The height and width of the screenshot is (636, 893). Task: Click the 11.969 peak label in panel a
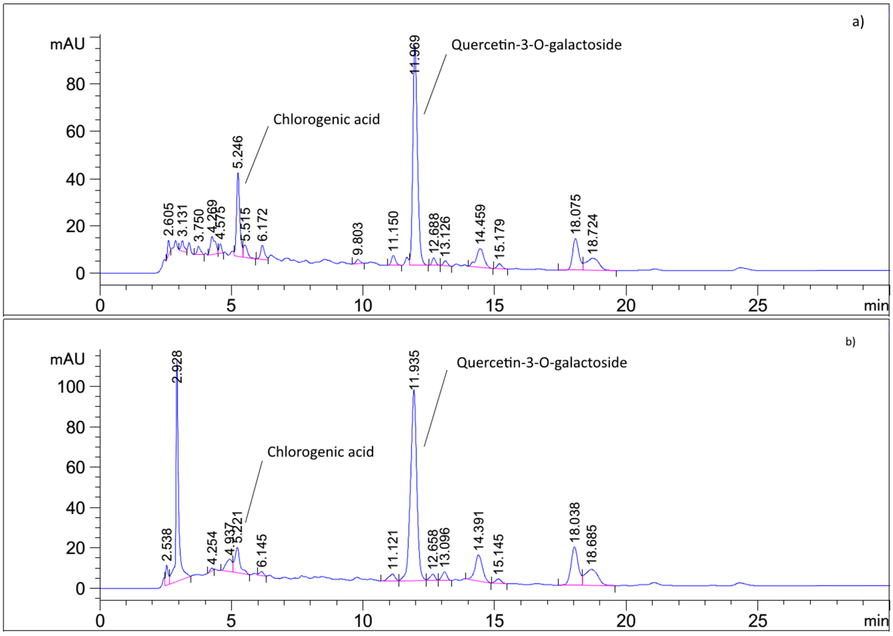(415, 54)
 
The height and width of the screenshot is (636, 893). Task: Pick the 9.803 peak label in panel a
(358, 239)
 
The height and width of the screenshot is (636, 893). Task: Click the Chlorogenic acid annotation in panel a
(327, 119)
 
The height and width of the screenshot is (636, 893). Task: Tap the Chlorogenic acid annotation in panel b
(321, 452)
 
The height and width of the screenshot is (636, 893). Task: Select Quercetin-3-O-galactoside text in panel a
(536, 45)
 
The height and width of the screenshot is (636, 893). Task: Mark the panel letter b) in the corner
(850, 342)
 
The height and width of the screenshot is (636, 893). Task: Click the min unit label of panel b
(876, 622)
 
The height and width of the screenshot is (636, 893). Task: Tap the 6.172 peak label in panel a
(263, 225)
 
